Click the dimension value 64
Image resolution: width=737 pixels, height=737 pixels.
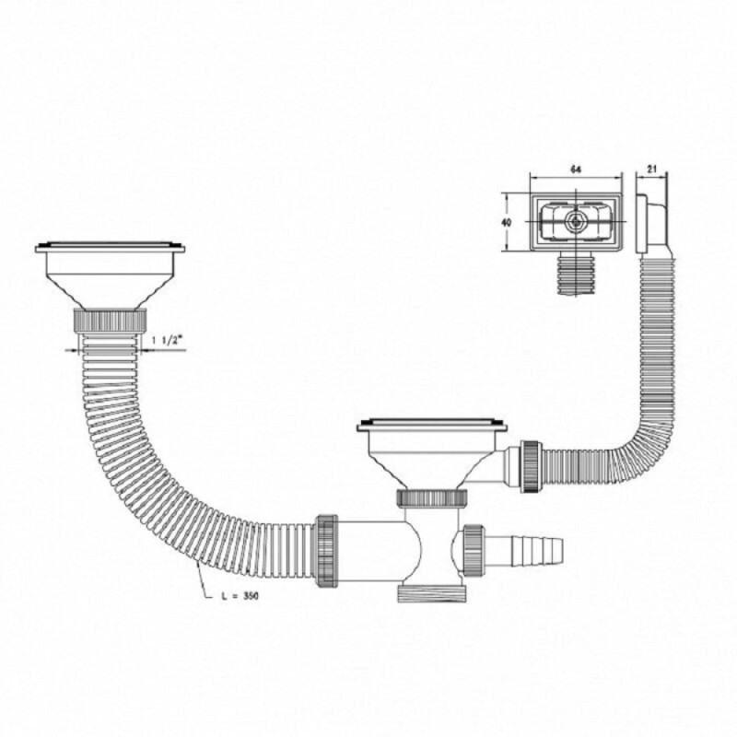pos(575,170)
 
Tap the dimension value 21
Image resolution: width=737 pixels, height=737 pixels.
pos(651,170)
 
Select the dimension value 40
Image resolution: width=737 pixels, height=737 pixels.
pos(506,222)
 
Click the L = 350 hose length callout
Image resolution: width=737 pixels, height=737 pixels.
pos(240,596)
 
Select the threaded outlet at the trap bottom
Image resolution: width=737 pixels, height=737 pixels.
pos(432,593)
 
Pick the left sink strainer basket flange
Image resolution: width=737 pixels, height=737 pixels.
pos(110,248)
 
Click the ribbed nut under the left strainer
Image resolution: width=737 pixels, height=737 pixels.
pos(110,321)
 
